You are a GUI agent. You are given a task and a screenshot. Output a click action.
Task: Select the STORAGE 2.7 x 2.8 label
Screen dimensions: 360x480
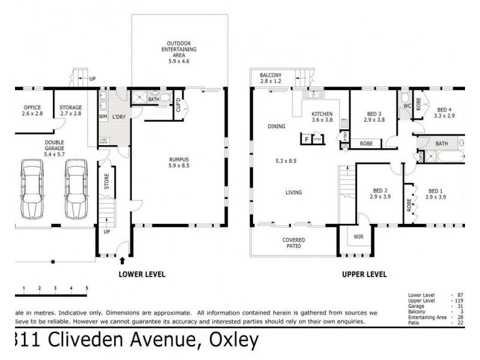[70, 112]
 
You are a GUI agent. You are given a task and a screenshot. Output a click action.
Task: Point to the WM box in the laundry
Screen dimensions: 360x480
[103, 116]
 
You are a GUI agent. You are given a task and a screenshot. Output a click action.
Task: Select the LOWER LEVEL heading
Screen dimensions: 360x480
[142, 275]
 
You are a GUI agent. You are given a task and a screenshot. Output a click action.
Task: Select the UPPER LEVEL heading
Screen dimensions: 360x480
[364, 275]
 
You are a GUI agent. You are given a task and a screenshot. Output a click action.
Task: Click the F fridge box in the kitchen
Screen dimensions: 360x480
[307, 139]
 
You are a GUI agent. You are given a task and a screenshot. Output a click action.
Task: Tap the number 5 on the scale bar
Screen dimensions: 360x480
[87, 289]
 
